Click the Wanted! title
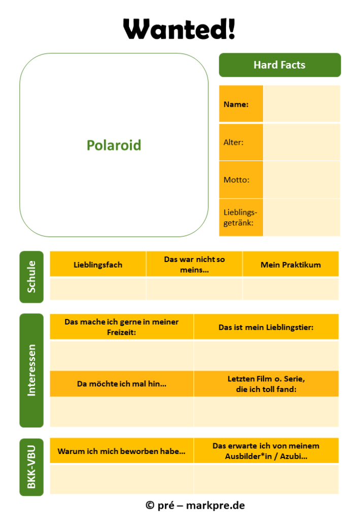pos(179,29)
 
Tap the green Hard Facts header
pos(280,65)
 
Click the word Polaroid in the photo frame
pos(114,145)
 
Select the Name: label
pos(236,104)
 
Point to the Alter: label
pos(234,142)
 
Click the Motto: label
pos(236,180)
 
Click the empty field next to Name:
pos(302,104)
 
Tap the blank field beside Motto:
pos(302,180)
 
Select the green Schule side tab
pos(31,277)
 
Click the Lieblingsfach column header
pos(98,265)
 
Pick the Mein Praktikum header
pos(291,265)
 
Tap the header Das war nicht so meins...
pos(194,264)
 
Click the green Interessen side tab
pos(31,370)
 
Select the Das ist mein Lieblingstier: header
pos(266,328)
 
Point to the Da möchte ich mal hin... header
pos(122,384)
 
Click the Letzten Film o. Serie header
pos(266,384)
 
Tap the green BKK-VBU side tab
pos(31,467)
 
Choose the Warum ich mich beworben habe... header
pos(121,451)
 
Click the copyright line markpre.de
pos(195,505)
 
